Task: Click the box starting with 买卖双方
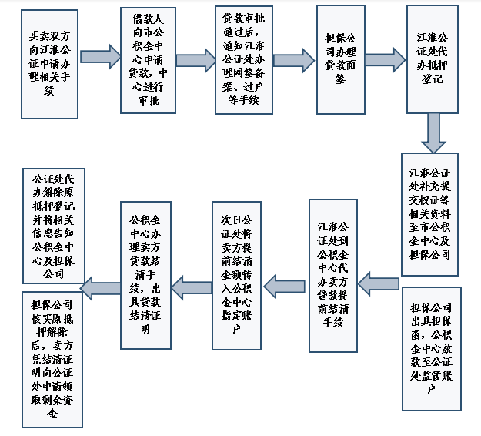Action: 49,63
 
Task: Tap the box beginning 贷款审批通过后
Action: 243,60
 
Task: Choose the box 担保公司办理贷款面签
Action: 340,59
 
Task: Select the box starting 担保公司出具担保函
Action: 430,346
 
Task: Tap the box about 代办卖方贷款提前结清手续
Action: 333,273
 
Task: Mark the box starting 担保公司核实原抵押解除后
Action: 52,357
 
